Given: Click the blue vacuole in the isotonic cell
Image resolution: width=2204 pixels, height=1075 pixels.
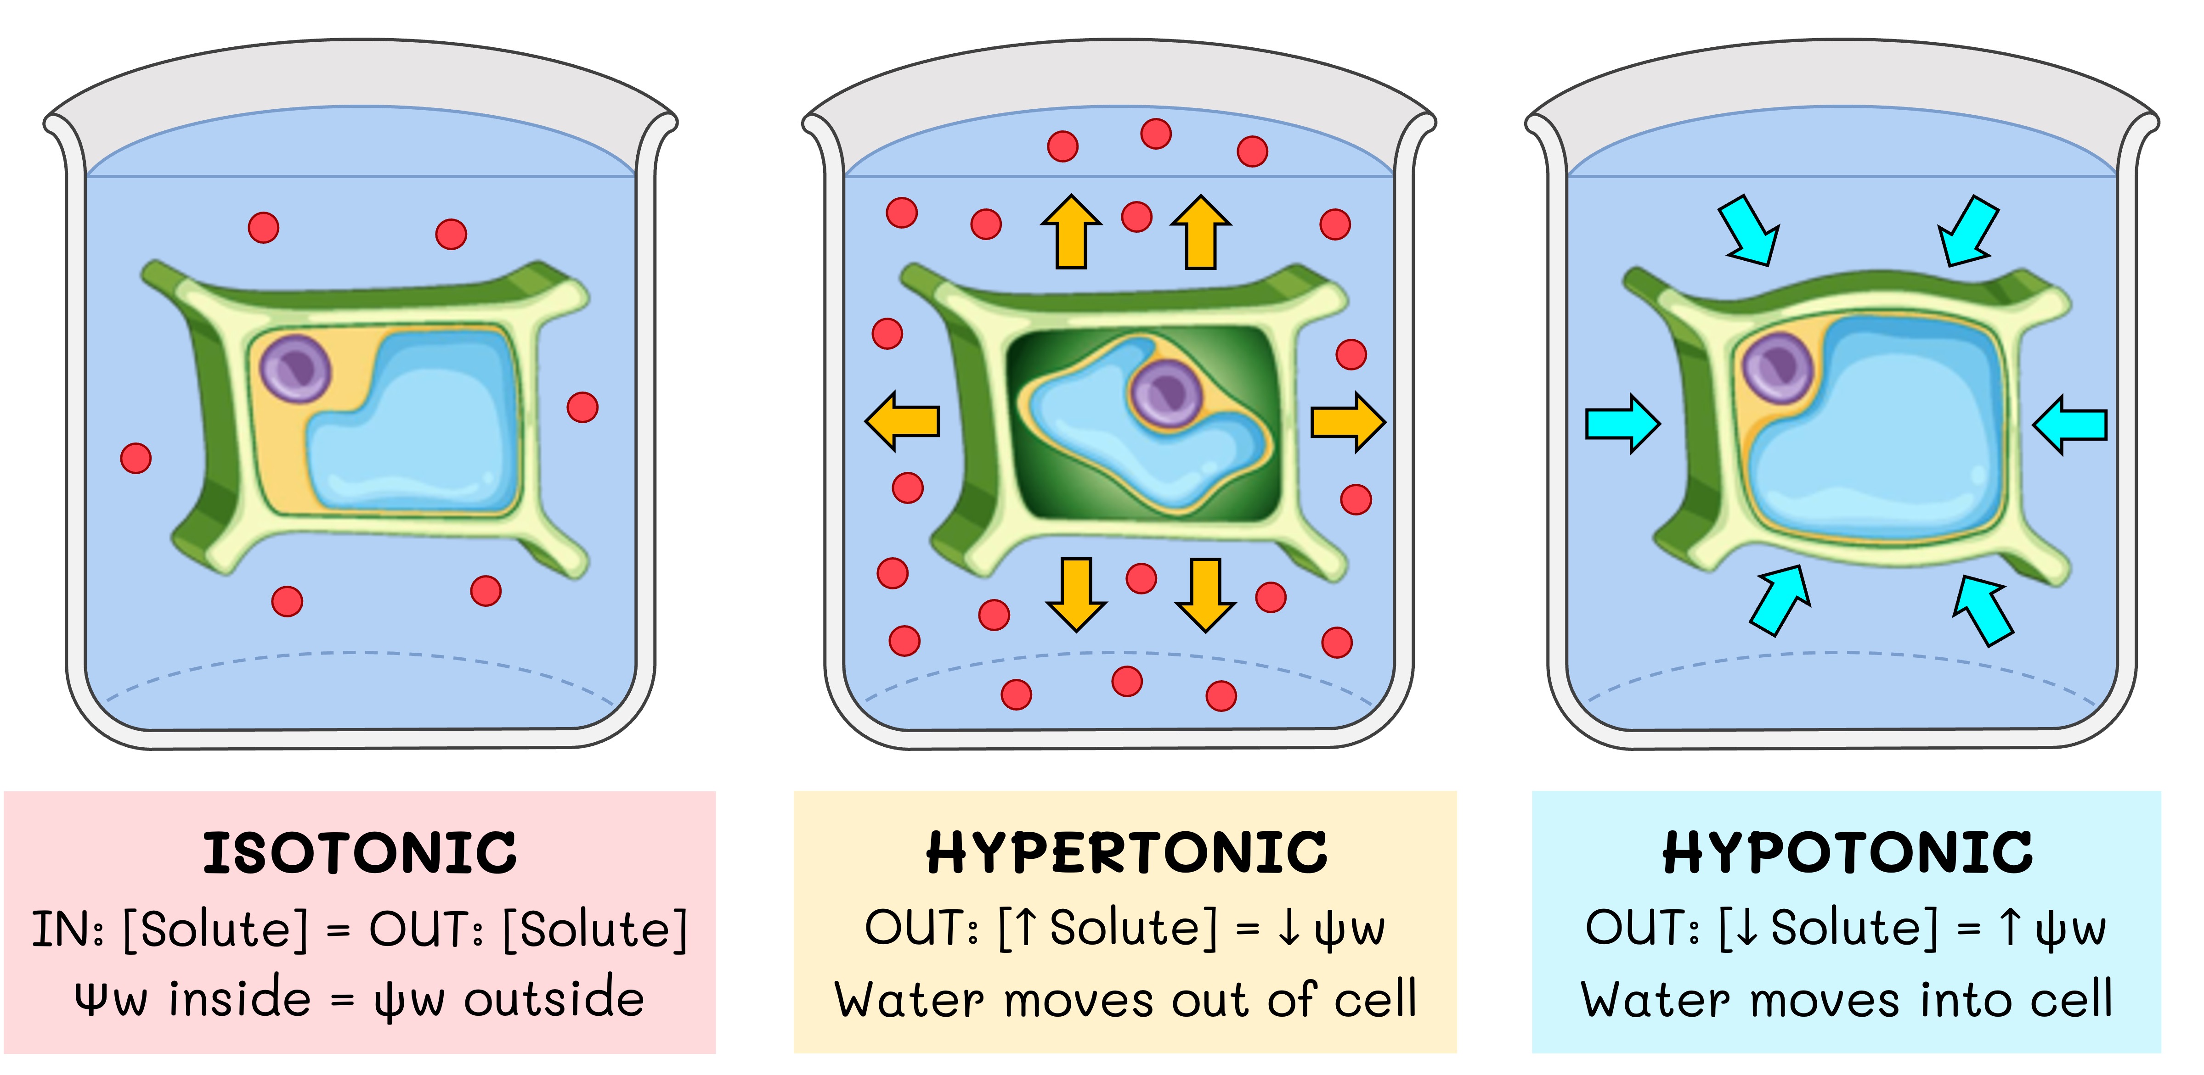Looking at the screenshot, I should [419, 428].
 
